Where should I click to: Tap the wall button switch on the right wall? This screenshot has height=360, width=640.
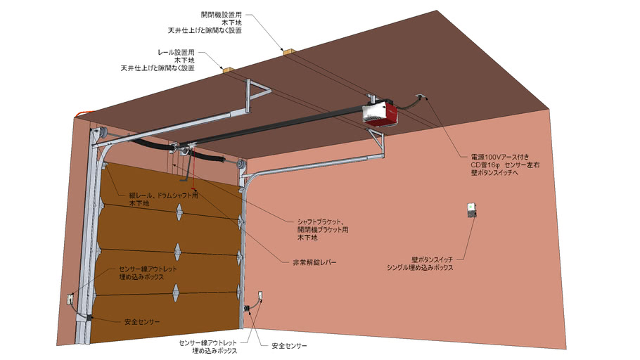point(471,210)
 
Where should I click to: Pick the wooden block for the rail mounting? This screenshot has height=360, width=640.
point(226,70)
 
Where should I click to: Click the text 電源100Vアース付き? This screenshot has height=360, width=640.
point(500,156)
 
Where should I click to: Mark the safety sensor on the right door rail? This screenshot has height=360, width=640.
point(248,309)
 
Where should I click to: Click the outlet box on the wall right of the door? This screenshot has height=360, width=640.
point(259,296)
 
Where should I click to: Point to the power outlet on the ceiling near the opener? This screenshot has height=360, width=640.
point(421,98)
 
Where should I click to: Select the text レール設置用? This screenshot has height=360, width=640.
point(177,52)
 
